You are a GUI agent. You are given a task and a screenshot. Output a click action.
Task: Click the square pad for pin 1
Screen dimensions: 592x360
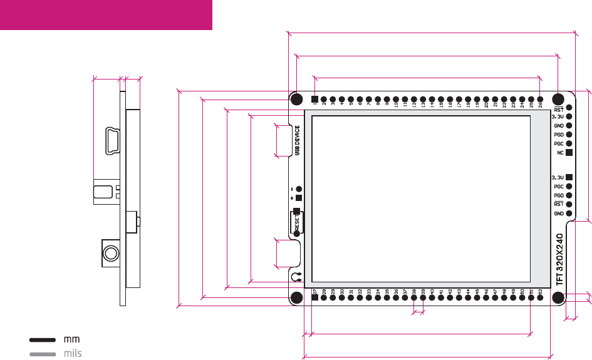[314, 99]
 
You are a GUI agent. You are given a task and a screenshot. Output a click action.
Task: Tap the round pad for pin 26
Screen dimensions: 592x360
[540, 99]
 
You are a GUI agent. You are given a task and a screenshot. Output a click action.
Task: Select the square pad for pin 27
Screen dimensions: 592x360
[314, 297]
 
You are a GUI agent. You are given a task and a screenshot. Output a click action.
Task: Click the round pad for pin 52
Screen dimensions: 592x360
[540, 297]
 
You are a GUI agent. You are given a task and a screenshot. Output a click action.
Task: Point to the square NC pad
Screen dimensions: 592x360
[569, 152]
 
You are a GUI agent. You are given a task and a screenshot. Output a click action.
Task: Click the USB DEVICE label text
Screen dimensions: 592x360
[298, 140]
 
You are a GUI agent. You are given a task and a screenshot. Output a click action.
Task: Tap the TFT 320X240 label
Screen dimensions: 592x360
[560, 259]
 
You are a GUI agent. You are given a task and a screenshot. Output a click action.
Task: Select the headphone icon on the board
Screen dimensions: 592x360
[297, 276]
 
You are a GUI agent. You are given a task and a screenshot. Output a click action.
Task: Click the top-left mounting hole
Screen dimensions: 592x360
[297, 99]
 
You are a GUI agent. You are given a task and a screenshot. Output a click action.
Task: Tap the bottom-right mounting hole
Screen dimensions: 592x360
[558, 297]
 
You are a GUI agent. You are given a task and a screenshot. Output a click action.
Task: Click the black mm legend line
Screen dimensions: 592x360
[43, 339]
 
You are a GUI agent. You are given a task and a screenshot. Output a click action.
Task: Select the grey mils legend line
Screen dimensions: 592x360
[43, 354]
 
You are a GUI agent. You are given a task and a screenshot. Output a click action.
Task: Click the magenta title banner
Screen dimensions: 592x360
[106, 14]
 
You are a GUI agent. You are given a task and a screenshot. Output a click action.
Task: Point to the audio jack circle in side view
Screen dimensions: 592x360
[111, 253]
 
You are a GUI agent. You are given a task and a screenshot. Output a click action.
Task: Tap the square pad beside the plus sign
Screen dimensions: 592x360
[299, 198]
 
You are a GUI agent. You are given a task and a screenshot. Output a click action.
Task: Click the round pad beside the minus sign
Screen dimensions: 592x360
[299, 188]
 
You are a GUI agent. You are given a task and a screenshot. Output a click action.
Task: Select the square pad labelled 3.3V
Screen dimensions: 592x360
[569, 177]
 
